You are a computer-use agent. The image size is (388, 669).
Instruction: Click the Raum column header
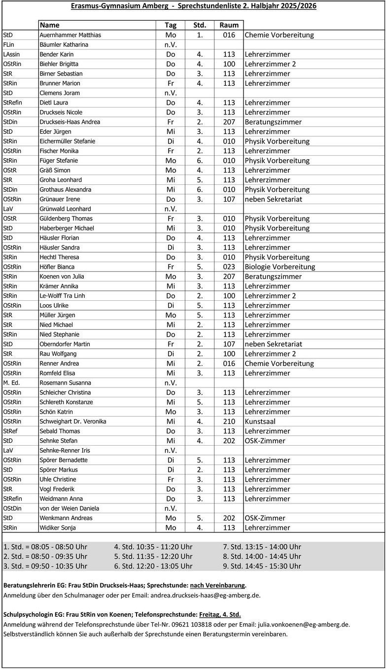pyautogui.click(x=229, y=25)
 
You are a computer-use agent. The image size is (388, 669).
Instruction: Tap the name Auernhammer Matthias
pyautogui.click(x=70, y=35)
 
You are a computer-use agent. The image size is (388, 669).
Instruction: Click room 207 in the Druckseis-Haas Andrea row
pyautogui.click(x=229, y=122)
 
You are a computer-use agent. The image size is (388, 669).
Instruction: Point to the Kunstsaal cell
pyautogui.click(x=260, y=422)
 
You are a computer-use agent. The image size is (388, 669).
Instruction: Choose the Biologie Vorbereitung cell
pyautogui.click(x=280, y=267)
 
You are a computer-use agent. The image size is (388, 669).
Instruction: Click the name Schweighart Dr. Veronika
pyautogui.click(x=72, y=422)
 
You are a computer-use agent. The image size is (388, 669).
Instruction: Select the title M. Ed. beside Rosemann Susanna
pyautogui.click(x=12, y=383)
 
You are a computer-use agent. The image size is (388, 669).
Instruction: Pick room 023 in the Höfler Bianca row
pyautogui.click(x=229, y=267)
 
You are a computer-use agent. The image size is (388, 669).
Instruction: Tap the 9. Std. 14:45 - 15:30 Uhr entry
pyautogui.click(x=262, y=566)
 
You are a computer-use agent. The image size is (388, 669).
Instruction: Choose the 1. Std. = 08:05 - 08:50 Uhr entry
pyautogui.click(x=45, y=547)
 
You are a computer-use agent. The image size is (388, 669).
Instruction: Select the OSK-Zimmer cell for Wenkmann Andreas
pyautogui.click(x=265, y=518)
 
